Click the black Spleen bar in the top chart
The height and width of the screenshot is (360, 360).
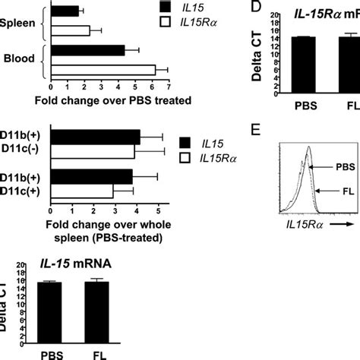coord(65,11)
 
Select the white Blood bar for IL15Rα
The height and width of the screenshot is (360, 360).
coord(103,70)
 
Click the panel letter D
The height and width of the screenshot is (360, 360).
coord(257,10)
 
